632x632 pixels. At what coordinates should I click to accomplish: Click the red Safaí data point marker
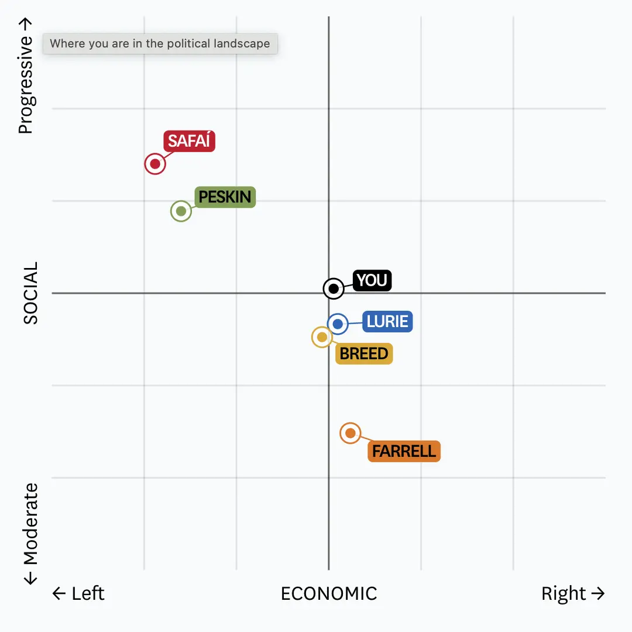(155, 164)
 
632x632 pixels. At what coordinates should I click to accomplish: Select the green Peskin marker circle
(181, 211)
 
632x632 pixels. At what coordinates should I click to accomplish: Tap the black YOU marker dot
(334, 288)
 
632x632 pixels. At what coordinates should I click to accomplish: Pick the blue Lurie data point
(338, 324)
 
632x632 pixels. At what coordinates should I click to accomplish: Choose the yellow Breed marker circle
(322, 337)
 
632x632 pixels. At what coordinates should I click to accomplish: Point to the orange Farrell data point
(350, 433)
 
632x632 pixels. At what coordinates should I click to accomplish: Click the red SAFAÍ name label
(189, 142)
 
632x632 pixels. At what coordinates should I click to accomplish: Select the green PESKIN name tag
(225, 197)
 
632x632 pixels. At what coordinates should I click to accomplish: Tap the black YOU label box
(372, 280)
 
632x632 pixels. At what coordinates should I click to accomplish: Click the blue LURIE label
(387, 321)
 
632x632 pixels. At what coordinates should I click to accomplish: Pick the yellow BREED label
(363, 353)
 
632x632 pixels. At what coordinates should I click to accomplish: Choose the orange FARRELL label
(404, 451)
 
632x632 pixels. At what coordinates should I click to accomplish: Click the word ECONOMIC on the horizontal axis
(329, 593)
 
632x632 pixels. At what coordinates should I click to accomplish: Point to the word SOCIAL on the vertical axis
(30, 293)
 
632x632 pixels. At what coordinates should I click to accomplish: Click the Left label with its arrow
(78, 593)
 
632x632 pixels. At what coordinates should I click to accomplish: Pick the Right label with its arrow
(572, 593)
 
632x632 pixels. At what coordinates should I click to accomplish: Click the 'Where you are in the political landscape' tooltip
(160, 44)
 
